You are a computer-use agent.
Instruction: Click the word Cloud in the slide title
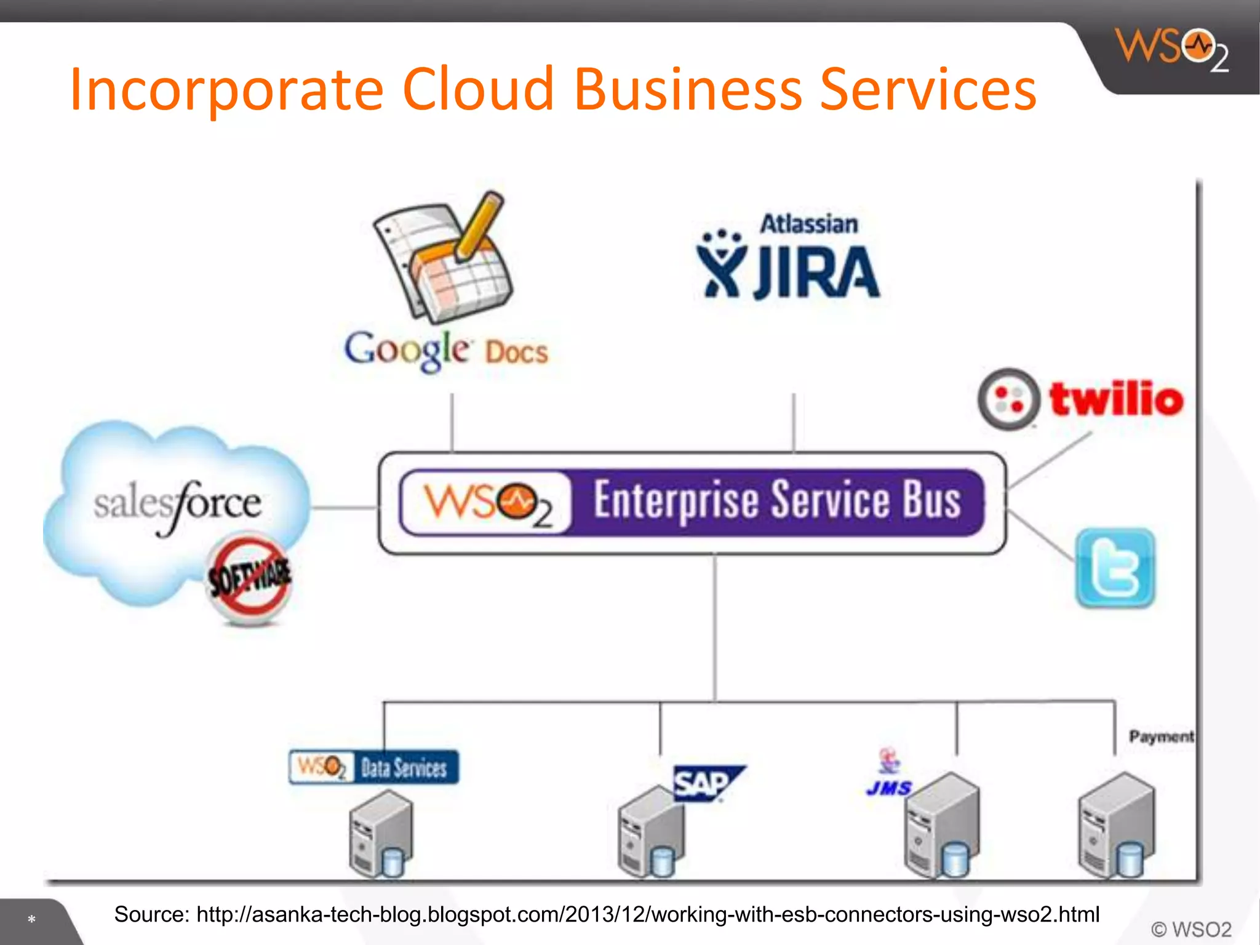click(x=478, y=90)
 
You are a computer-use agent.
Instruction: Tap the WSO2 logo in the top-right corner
click(x=1172, y=50)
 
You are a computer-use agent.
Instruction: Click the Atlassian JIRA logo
click(x=789, y=258)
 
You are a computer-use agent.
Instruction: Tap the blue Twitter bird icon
click(x=1115, y=568)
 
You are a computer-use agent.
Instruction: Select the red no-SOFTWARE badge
click(x=249, y=578)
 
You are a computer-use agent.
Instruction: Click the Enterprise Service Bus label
click(x=776, y=501)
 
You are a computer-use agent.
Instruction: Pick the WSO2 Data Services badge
click(x=374, y=767)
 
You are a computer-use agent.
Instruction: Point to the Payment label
click(x=1161, y=736)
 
